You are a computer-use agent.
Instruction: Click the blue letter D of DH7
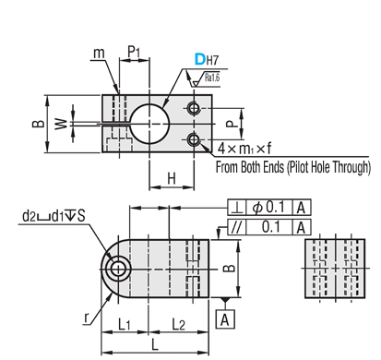point(200,59)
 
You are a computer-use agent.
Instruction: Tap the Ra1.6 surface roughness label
point(212,78)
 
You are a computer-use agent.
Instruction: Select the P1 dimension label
point(134,52)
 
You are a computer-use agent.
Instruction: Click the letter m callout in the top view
point(99,54)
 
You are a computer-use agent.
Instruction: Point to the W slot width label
point(61,124)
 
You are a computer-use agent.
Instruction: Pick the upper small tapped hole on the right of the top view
point(194,108)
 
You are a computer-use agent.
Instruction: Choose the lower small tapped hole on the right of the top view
point(194,140)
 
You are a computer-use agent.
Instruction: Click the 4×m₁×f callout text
point(244,149)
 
